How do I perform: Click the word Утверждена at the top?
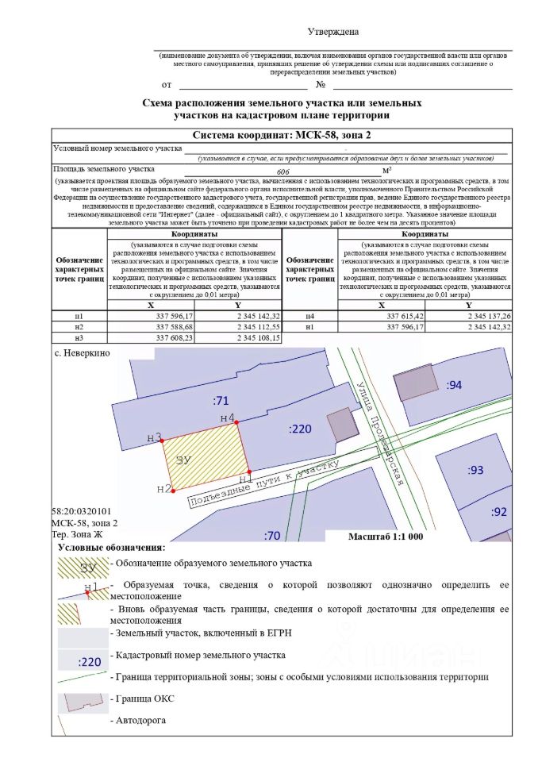point(333,32)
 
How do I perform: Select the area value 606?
point(282,171)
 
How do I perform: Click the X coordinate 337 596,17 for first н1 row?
point(169,316)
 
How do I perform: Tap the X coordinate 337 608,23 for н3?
point(169,337)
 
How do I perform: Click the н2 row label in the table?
point(79,327)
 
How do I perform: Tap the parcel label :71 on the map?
point(221,399)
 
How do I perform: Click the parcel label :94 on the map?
point(454,385)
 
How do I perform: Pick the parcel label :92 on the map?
point(498,511)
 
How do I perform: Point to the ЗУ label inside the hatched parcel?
point(185,460)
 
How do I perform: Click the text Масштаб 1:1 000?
point(386,536)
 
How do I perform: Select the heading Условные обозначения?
point(111,548)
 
